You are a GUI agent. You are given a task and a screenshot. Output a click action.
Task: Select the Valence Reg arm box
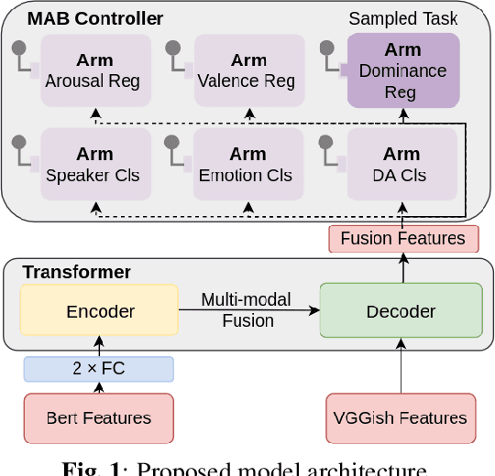point(248,70)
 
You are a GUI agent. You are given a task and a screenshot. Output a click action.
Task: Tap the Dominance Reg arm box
point(402,70)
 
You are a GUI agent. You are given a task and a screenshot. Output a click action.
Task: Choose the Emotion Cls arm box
point(248,164)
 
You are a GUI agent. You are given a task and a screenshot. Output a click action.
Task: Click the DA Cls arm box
point(402,164)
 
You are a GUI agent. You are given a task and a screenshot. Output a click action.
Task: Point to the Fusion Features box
point(402,239)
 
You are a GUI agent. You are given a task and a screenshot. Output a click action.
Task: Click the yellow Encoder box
point(100,311)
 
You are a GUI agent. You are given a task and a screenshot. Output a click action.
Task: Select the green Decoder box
point(401,311)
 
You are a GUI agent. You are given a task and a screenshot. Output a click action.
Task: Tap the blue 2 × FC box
point(97,369)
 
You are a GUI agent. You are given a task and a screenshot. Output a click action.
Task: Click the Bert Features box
point(98,418)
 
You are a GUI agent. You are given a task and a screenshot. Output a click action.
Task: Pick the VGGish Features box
point(401,418)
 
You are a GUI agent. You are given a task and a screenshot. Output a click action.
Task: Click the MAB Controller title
point(95,18)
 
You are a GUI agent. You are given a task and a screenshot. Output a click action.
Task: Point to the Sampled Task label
point(403,18)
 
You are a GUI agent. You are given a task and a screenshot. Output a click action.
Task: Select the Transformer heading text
point(77,272)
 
